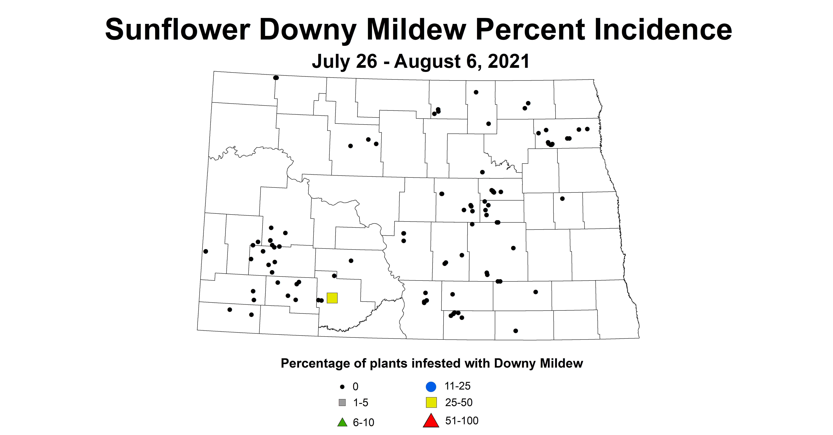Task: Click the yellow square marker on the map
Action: tap(332, 298)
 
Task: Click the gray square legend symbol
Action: tap(342, 403)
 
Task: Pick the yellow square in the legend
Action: tap(431, 402)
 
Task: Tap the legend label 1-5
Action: tap(361, 403)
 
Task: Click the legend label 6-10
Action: tap(363, 422)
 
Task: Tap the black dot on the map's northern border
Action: tap(276, 78)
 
